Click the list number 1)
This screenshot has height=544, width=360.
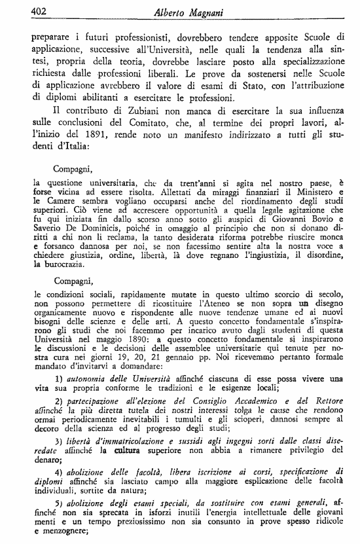pyautogui.click(x=60, y=378)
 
